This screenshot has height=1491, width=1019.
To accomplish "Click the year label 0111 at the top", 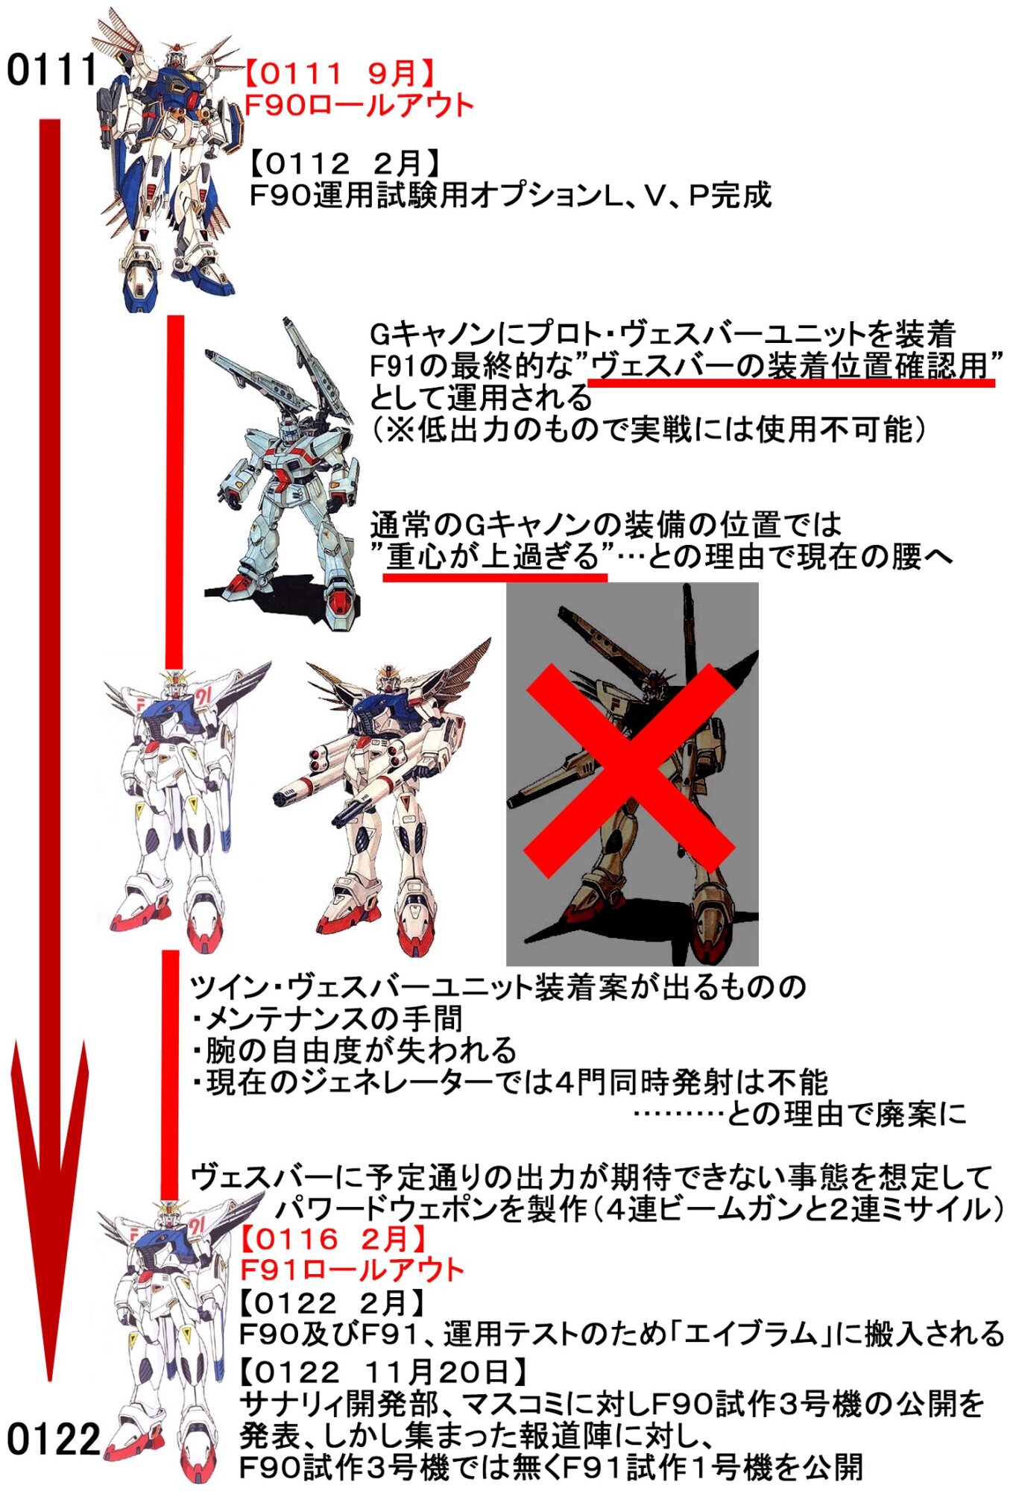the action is [52, 70].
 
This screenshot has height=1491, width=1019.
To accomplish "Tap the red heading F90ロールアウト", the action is [359, 105].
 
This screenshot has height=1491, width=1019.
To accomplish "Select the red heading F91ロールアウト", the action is [352, 1270].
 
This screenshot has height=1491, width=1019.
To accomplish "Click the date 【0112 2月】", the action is [344, 163].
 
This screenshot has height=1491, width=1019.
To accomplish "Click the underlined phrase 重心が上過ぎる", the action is [493, 556].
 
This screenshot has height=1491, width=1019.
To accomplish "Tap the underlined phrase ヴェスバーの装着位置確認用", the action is [790, 365].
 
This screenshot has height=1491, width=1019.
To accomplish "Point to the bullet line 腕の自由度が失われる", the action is [354, 1050].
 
